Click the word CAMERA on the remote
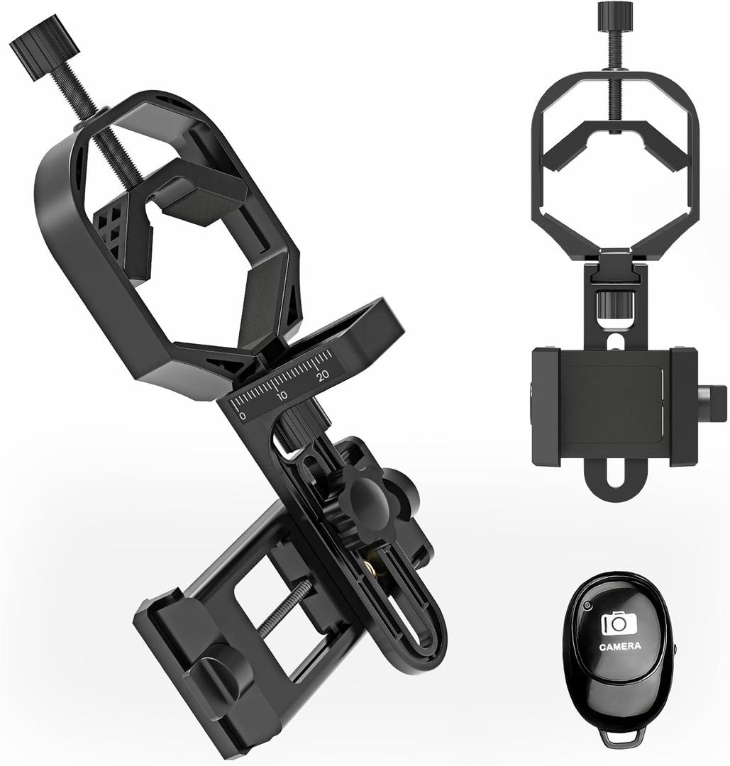point(619,647)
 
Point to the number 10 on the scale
point(282,396)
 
